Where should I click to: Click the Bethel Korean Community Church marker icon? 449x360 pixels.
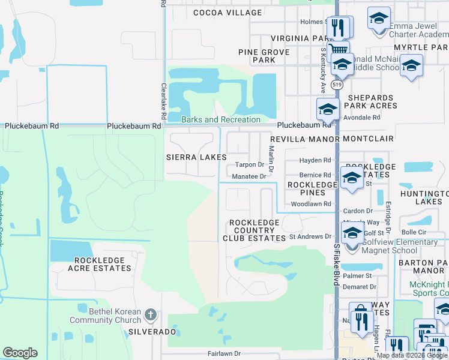(150, 314)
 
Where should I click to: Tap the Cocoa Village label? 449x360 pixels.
(228, 13)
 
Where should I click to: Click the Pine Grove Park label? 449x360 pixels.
(264, 56)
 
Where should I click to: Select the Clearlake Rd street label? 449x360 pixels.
(163, 100)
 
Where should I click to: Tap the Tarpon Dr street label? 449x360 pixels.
(249, 164)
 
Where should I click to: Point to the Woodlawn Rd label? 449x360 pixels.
(311, 204)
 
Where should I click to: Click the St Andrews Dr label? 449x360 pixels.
(310, 237)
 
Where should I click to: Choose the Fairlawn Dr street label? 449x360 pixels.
(224, 354)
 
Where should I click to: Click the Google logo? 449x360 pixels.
(20, 353)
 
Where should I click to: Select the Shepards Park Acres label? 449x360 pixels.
(370, 102)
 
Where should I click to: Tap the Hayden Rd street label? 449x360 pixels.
(316, 160)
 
